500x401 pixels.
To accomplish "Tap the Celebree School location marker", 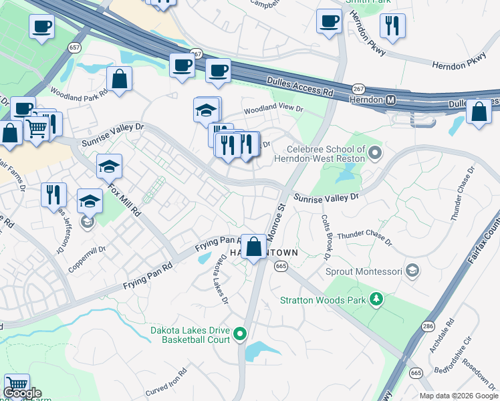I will click(x=374, y=154).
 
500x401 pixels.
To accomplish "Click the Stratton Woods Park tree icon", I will click(x=376, y=299).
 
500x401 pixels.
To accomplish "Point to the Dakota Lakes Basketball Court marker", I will click(x=243, y=334).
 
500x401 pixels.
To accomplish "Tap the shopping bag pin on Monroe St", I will click(x=253, y=247).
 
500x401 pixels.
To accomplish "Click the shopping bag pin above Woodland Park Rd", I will click(x=119, y=79).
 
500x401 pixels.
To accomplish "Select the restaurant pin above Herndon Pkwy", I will click(x=391, y=26).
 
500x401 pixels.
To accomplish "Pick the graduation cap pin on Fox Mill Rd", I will click(x=109, y=166).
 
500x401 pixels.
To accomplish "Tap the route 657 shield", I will click(x=74, y=47).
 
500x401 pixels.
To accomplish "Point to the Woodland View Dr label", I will click(x=273, y=108).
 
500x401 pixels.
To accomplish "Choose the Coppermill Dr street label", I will click(x=86, y=259).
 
